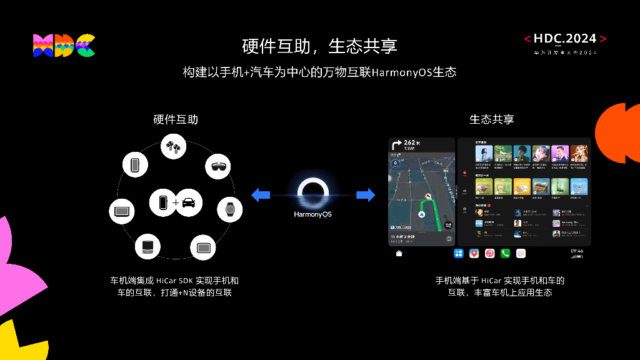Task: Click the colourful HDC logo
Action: click(x=64, y=46)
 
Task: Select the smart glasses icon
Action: click(x=219, y=166)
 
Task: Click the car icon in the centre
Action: click(x=189, y=202)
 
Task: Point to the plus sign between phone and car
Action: click(x=176, y=202)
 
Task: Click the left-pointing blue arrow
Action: click(x=260, y=195)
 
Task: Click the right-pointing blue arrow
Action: click(x=366, y=195)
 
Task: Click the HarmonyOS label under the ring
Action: click(x=312, y=214)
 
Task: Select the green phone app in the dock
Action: click(x=505, y=253)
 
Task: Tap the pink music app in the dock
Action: click(x=490, y=253)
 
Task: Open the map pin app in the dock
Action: click(x=474, y=253)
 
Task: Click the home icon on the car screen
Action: click(x=399, y=253)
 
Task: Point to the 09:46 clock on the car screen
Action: click(x=577, y=251)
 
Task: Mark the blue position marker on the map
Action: click(x=421, y=214)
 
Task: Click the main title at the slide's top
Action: click(x=319, y=46)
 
